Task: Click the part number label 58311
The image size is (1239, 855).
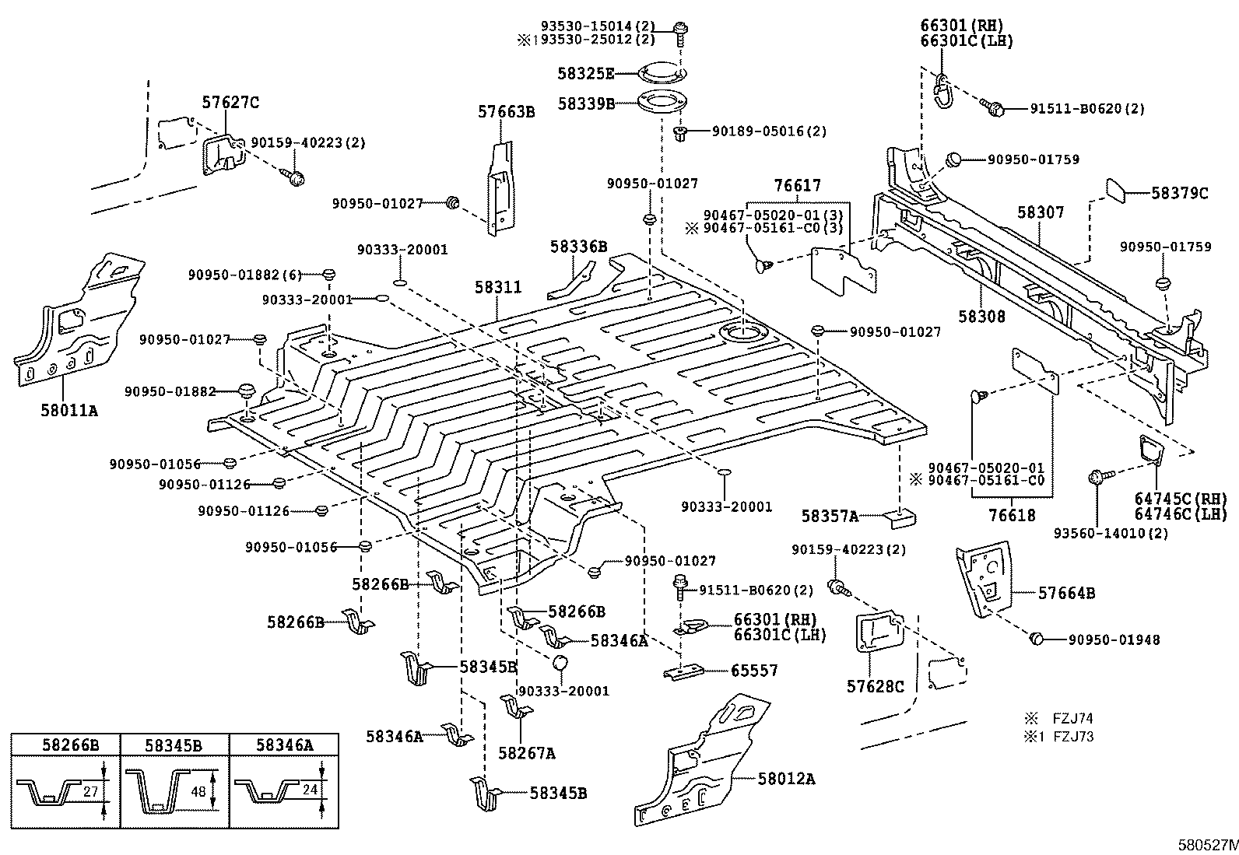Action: pos(498,287)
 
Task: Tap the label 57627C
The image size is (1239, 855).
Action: pos(230,102)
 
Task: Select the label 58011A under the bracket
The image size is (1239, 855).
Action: pos(69,410)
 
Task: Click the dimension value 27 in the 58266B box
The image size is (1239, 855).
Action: pos(91,791)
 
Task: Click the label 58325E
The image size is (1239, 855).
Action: pos(585,74)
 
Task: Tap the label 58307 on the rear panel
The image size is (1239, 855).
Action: pos(1041,212)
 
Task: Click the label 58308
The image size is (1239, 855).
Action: pos(981,317)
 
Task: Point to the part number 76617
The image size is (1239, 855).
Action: pos(797,186)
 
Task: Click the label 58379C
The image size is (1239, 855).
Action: pos(1179,193)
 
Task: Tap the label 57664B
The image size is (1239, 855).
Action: pos(1066,594)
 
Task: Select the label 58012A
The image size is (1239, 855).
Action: pos(786,778)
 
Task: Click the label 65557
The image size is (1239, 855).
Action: pos(753,671)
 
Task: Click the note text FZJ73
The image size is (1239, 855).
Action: pos(1073,736)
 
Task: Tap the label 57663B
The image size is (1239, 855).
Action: pos(506,112)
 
